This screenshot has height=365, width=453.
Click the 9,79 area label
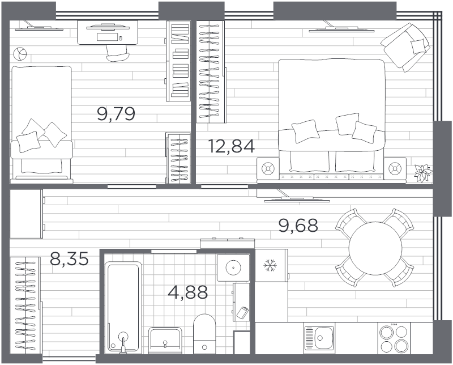116,114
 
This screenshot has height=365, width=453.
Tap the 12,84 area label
232,146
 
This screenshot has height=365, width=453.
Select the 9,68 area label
298,226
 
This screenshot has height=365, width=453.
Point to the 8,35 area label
69,258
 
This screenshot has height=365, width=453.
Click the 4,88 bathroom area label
188,292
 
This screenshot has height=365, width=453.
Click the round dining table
375,248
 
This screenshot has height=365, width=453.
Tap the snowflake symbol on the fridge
271,265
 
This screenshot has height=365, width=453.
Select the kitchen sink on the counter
319,338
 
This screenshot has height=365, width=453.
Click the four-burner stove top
394,338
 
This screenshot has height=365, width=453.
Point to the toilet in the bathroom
204,334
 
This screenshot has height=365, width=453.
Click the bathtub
123,307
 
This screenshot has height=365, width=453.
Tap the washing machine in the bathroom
233,268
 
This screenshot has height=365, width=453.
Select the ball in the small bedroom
20,54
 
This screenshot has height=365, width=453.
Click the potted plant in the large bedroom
424,173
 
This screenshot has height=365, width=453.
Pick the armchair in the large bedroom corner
405,48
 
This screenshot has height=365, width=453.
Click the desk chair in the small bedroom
118,53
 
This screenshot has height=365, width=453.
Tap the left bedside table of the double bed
268,168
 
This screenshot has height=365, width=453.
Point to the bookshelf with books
178,61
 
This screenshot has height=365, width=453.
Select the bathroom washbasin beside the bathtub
165,340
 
